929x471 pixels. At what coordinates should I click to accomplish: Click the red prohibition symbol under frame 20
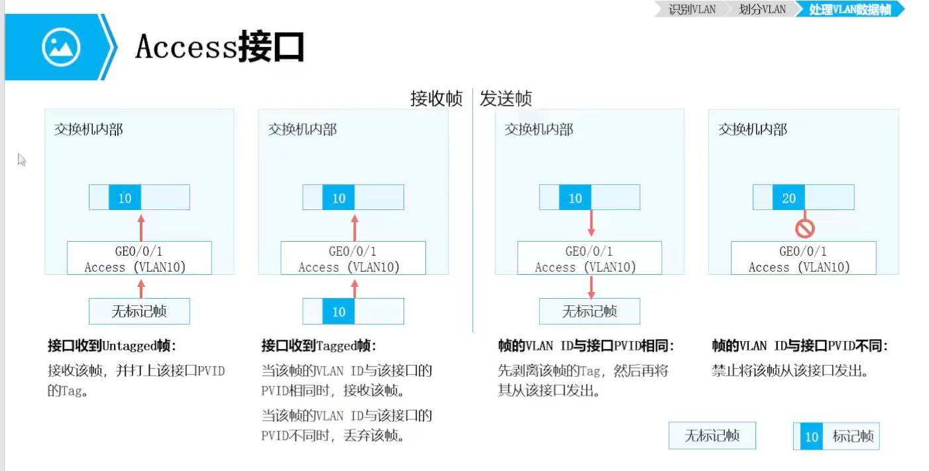point(804,229)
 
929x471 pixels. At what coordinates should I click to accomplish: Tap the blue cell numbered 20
point(789,198)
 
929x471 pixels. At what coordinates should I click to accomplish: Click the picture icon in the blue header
point(61,47)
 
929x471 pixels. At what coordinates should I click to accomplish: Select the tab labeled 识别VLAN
point(692,9)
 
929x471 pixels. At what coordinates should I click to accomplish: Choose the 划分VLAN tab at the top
point(762,9)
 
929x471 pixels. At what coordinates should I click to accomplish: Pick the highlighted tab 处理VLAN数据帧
point(849,9)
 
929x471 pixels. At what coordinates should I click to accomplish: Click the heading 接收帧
point(436,99)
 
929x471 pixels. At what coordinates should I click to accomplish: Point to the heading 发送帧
point(506,99)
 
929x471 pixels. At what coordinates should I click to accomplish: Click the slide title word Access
point(186,47)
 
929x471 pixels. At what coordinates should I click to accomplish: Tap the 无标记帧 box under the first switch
point(139,311)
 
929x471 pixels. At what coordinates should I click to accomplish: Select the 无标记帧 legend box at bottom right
point(712,436)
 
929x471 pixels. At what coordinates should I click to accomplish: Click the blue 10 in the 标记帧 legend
point(812,437)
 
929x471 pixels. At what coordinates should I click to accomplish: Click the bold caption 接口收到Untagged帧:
point(113,346)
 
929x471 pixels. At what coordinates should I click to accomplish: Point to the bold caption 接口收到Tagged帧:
point(319,346)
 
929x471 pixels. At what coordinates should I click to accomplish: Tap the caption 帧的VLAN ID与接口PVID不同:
point(799,346)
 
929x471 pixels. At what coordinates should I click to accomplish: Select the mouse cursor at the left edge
point(21,160)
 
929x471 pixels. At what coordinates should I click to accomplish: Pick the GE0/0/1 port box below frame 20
point(803,258)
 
